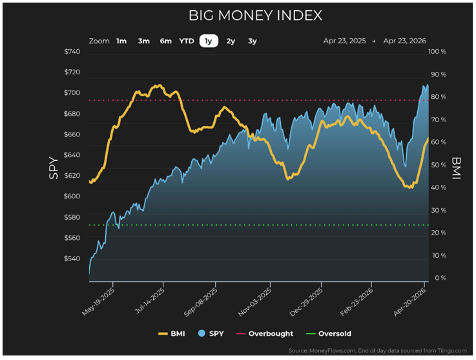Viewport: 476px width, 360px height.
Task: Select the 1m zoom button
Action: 121,41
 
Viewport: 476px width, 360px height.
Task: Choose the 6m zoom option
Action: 166,41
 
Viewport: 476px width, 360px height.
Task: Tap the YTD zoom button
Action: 186,41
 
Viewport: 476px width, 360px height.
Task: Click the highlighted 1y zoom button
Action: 208,41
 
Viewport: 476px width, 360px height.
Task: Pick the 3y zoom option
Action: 253,41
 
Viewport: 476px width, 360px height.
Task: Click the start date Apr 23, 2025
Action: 345,41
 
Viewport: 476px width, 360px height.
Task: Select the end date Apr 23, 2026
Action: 405,41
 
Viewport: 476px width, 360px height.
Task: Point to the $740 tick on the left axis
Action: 72,52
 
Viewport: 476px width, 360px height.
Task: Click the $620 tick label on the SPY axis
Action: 72,176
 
